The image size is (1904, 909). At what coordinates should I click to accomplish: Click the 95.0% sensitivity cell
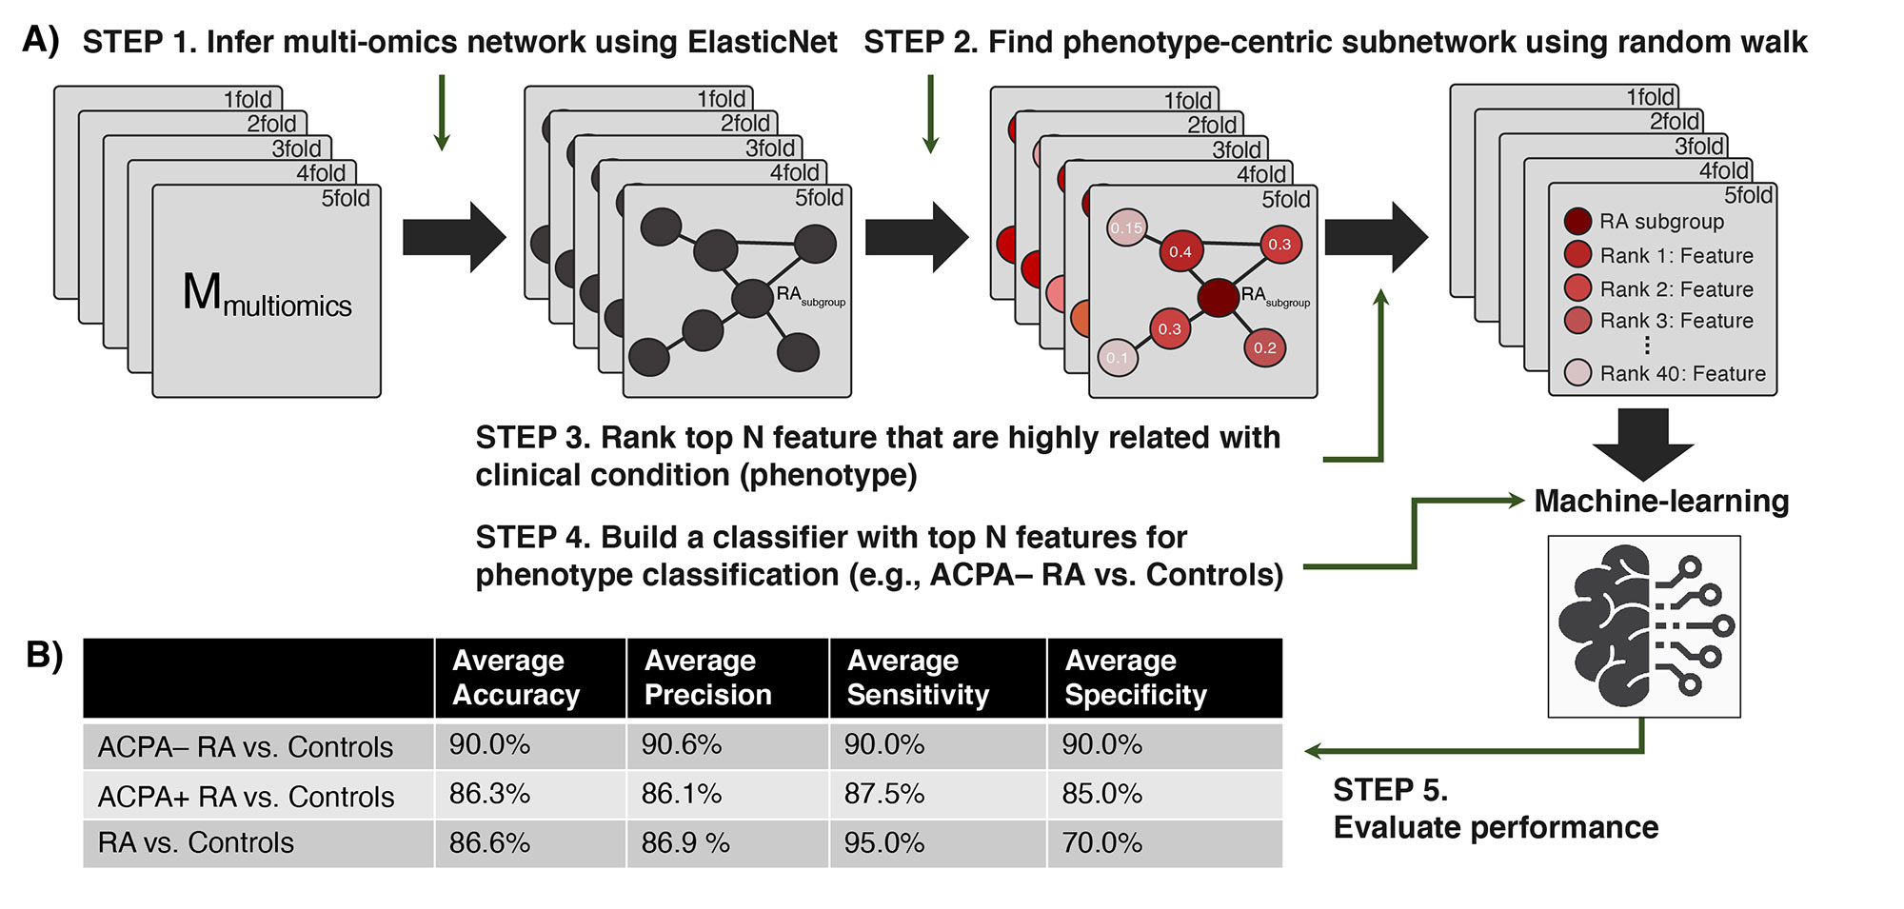(x=884, y=843)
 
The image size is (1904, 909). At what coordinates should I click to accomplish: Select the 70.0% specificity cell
(x=1102, y=843)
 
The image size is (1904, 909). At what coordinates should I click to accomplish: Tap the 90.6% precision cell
(x=682, y=744)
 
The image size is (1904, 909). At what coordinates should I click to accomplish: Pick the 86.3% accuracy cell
(x=489, y=794)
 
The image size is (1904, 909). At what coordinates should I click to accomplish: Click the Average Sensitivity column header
(x=918, y=678)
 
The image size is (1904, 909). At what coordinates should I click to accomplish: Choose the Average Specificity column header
(x=1136, y=678)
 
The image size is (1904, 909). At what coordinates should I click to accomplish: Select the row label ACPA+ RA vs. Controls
(x=246, y=797)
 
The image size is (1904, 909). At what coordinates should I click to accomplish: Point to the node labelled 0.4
(x=1180, y=251)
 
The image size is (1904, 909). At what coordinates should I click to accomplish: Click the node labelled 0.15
(x=1126, y=228)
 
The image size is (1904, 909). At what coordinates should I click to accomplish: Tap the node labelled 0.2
(x=1264, y=347)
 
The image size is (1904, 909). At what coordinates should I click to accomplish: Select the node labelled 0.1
(x=1117, y=358)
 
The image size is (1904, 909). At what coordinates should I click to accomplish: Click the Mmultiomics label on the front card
(x=267, y=295)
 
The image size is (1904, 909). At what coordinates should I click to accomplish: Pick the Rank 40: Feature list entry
(x=1682, y=373)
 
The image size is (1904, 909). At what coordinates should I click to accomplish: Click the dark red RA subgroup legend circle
(x=1577, y=222)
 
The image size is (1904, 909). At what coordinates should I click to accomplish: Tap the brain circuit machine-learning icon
(x=1644, y=626)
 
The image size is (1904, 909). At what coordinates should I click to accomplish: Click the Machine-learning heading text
(x=1661, y=502)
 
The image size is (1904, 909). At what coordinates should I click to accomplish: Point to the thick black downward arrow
(x=1642, y=444)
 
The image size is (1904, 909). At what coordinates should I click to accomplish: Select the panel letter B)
(x=44, y=655)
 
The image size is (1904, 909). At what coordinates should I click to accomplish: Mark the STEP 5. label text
(x=1390, y=790)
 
